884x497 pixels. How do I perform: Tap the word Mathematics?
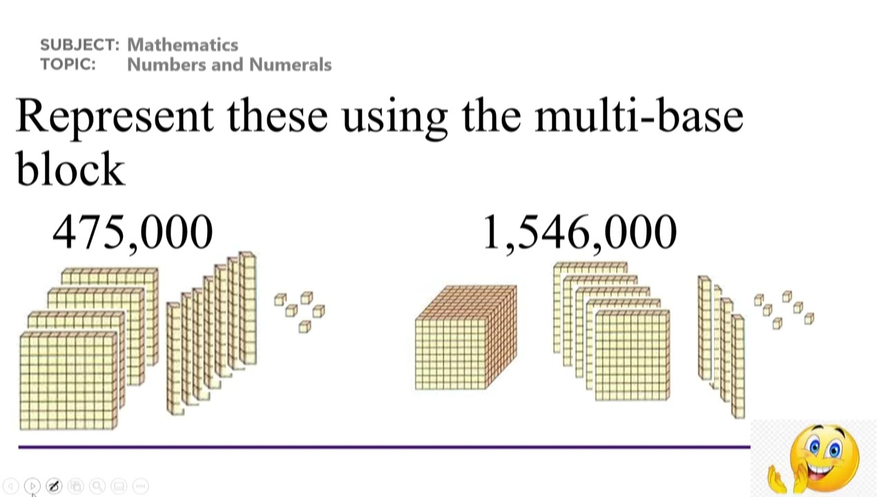183,45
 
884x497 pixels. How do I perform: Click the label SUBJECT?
79,45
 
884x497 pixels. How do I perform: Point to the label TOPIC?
67,65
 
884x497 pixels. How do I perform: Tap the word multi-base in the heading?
639,116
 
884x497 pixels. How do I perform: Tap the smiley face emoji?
825,456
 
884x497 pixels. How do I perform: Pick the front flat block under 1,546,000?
631,355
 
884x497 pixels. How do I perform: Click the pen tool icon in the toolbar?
54,486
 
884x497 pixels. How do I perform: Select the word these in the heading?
277,116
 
